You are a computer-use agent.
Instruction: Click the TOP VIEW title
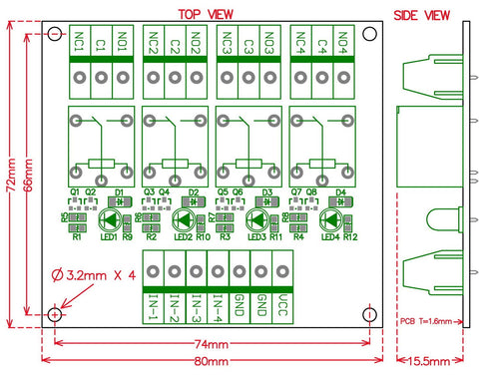208,13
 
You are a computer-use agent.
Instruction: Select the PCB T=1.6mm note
429,322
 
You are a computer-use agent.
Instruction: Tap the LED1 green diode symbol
110,220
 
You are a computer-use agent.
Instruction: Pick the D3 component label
267,192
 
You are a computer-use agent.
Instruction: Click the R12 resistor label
350,236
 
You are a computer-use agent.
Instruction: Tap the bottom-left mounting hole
52,315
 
